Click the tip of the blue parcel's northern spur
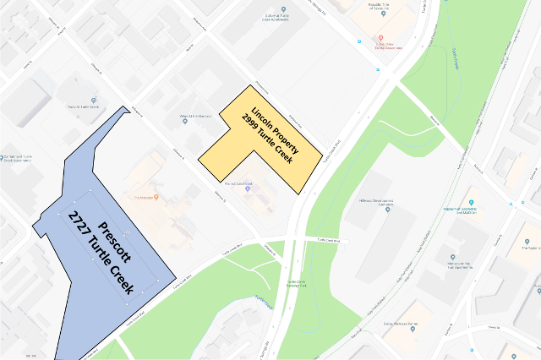click(128, 106)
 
